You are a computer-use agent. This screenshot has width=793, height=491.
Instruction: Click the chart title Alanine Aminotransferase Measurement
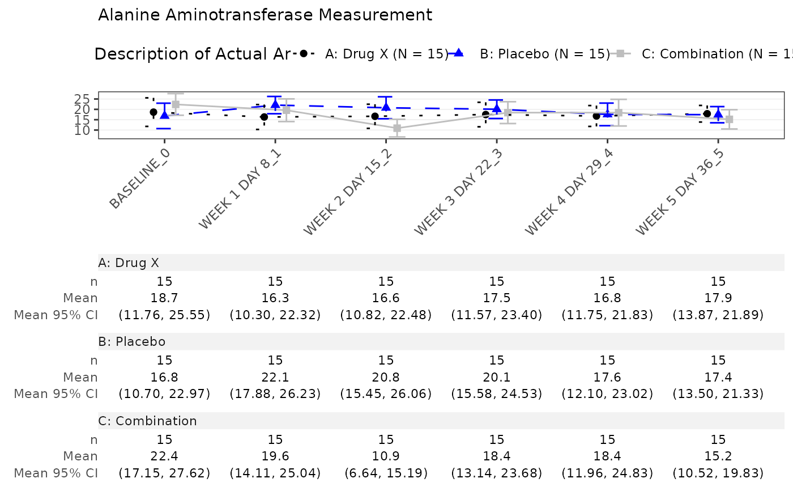tap(265, 15)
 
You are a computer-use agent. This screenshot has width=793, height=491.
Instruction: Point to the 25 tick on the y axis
tap(89, 99)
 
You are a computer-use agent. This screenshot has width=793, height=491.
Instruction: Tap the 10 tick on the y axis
tap(89, 130)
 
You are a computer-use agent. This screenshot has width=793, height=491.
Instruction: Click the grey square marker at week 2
tap(397, 128)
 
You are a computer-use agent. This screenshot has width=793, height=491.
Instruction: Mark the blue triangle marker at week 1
tap(275, 104)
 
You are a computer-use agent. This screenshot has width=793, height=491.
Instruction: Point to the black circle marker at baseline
tap(154, 112)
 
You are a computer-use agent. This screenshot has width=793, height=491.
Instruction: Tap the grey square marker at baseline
tap(176, 104)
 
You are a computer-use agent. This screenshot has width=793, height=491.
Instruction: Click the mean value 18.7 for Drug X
tap(165, 298)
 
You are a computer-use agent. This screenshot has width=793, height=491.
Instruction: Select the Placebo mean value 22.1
tap(275, 376)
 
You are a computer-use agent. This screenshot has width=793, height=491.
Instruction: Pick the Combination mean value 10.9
tap(386, 455)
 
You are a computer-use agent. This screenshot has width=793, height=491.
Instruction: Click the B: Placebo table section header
tap(132, 342)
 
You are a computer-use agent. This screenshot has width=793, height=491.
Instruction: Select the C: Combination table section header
tap(148, 421)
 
